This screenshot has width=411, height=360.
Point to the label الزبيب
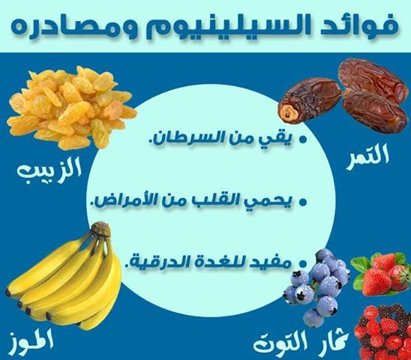[x=49, y=169]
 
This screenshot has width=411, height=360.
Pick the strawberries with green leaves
[x=381, y=274]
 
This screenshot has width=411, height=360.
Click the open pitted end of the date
[x=287, y=113]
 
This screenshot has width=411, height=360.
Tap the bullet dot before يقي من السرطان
[x=303, y=139]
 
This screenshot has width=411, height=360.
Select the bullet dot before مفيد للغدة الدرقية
[x=303, y=263]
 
